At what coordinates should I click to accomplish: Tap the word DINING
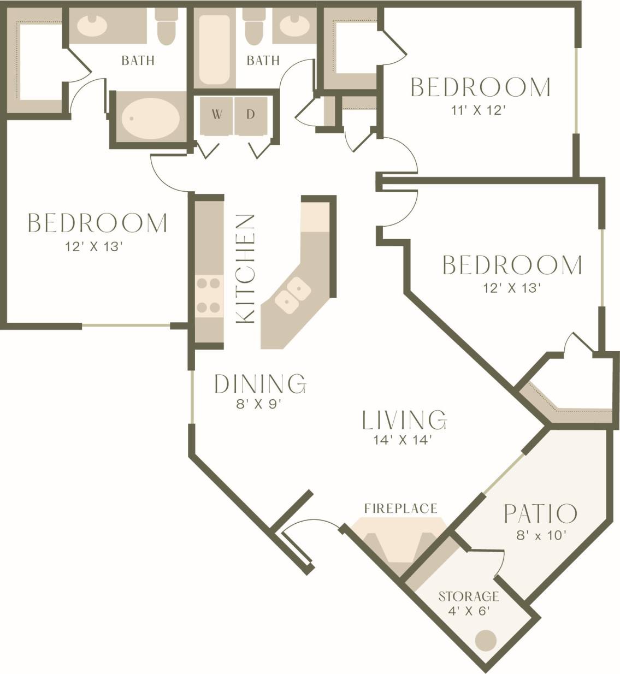coord(259,384)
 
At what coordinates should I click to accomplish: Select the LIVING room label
coord(404,419)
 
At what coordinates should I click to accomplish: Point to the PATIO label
coord(540,514)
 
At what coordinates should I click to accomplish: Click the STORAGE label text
coord(469,596)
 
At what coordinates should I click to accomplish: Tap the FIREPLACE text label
coord(400,509)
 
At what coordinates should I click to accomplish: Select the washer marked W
coord(217,115)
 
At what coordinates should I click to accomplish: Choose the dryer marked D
coord(251,115)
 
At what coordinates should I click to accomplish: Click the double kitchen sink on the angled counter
coord(292,293)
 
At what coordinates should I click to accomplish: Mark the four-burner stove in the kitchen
coord(209,295)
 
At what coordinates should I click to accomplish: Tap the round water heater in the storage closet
coord(485,640)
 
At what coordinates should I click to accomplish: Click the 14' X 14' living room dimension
coord(403,440)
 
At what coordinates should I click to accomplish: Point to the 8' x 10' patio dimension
coord(539,536)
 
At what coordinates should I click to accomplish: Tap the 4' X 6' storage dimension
coord(468,611)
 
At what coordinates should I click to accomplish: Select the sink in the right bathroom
coord(296,25)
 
